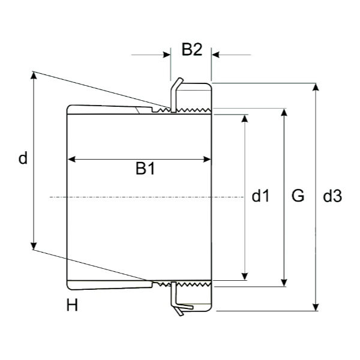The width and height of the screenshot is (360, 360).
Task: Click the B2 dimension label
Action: click(192, 49)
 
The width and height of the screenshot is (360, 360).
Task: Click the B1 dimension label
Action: click(145, 168)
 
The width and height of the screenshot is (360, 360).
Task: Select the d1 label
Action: click(260, 196)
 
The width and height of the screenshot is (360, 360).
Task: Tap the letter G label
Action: click(298, 196)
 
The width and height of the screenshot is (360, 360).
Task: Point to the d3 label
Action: click(332, 196)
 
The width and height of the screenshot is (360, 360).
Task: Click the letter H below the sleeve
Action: click(72, 305)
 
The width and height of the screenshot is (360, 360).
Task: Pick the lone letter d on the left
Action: click(23, 158)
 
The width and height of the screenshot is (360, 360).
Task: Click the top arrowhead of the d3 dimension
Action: click(316, 87)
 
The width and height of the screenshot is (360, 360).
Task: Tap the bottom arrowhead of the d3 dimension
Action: click(316, 307)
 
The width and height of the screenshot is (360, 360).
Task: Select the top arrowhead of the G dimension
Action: click(284, 112)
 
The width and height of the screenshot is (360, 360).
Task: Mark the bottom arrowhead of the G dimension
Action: click(284, 283)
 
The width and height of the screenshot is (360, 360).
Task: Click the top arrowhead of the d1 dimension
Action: click(245, 118)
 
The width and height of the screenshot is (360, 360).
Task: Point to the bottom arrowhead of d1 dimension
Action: click(245, 277)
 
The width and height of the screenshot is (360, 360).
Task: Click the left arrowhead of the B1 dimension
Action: click(71, 159)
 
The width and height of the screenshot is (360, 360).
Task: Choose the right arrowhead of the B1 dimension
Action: click(207, 159)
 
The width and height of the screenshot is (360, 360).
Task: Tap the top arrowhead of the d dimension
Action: click(34, 76)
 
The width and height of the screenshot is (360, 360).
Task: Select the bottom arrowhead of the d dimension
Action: click(34, 246)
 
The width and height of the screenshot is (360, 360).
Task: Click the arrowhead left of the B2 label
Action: click(167, 55)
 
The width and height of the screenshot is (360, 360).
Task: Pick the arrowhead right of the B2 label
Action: click(215, 55)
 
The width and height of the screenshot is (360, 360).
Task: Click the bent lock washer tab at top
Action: click(176, 85)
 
